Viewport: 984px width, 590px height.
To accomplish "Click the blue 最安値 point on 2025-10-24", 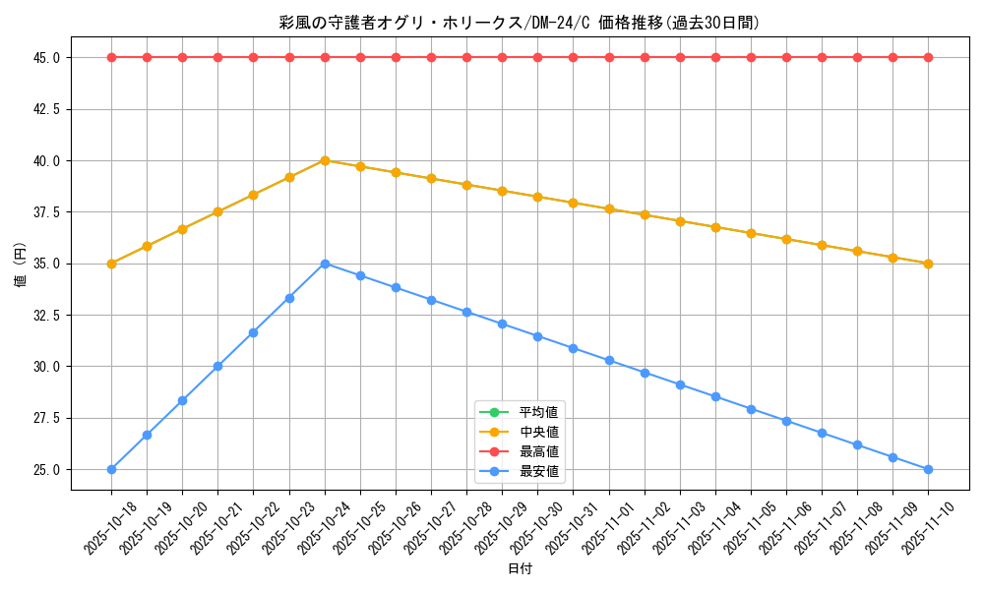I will click(x=325, y=264).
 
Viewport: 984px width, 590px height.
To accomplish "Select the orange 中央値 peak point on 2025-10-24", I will click(x=325, y=160).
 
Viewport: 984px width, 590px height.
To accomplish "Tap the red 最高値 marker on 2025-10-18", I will click(x=111, y=57).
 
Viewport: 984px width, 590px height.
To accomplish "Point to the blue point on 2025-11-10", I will click(x=928, y=469).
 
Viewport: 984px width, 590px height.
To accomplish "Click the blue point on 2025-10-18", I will click(x=111, y=469).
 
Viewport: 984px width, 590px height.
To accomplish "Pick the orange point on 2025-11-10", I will click(x=928, y=264).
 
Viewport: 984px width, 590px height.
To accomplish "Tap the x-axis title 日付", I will click(x=520, y=569).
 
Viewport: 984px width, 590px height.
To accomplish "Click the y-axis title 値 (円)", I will click(x=21, y=264).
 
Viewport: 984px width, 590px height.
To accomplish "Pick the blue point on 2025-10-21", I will click(x=217, y=366).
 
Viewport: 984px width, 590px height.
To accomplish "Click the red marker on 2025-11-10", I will click(x=928, y=57).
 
